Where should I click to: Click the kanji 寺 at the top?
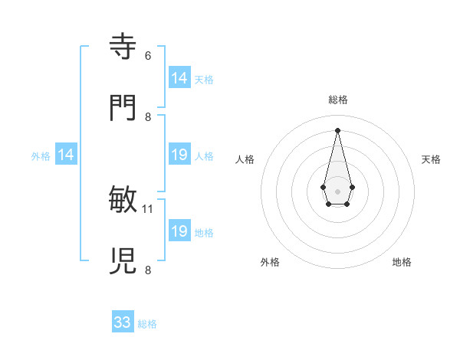pos(123,46)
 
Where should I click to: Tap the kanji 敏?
pos(123,199)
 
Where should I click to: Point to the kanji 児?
pos(123,260)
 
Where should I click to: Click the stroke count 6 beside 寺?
pos(148,55)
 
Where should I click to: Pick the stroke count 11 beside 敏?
pos(148,208)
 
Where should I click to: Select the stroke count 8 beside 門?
pos(148,116)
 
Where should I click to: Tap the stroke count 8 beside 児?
pos(148,270)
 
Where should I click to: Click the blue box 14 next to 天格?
pos(179,78)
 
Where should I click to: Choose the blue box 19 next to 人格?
pos(179,155)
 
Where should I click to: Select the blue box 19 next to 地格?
pos(179,231)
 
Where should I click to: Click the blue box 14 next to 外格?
pos(66,155)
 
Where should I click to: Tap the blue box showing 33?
pos(123,322)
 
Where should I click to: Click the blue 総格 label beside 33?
pos(147,324)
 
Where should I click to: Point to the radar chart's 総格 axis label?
pos(337,100)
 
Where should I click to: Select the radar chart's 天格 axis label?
pos(431,159)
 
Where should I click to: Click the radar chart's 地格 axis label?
pos(402,262)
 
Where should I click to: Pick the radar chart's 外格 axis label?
pos(270,262)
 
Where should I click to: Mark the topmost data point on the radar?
pos(337,129)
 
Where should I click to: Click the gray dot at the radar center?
pos(337,191)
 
